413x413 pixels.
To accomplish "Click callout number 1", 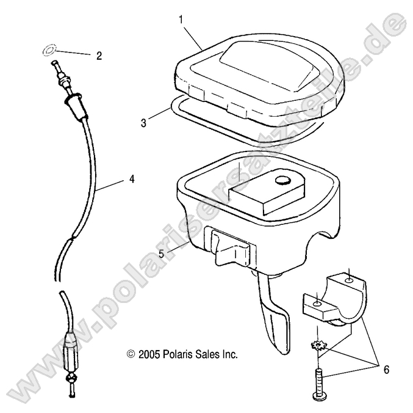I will click(181, 20).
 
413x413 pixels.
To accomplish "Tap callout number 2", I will click(99, 56).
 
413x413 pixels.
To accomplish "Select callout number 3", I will click(143, 123).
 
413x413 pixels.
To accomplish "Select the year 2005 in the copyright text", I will click(148, 354).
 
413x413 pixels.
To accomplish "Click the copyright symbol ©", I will click(129, 354).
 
